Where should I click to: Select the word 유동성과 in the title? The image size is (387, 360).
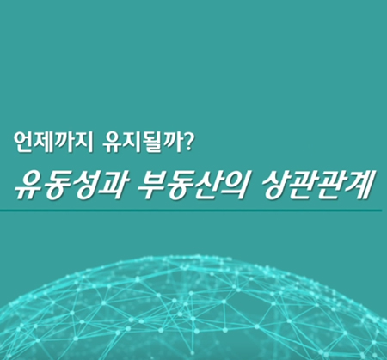point(70,186)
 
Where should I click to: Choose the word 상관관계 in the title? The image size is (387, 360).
point(318,186)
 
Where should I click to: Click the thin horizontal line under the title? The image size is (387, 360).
point(191,211)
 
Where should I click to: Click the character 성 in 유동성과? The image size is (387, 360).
point(83,186)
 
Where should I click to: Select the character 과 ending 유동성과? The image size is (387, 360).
point(111,186)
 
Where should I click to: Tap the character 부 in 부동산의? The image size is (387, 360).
point(151,186)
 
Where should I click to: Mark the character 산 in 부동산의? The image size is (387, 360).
point(206,186)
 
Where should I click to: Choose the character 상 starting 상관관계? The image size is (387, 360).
point(277,186)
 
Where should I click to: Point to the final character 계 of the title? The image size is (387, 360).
point(360,186)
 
